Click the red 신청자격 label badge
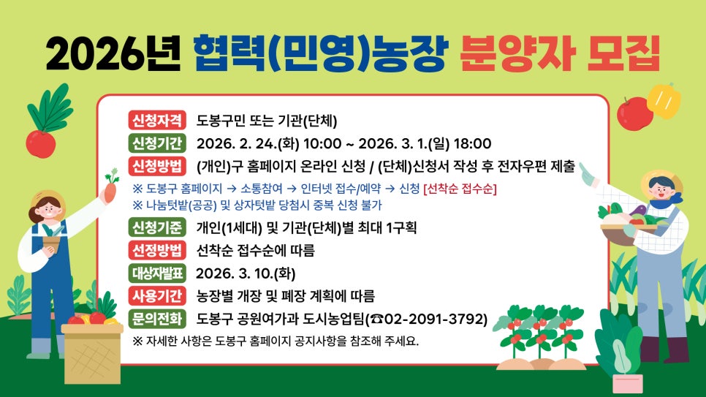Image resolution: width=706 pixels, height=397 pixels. pyautogui.click(x=157, y=121)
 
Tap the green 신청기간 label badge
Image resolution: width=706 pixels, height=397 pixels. pyautogui.click(x=157, y=142)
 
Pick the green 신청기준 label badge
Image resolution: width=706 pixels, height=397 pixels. pyautogui.click(x=157, y=227)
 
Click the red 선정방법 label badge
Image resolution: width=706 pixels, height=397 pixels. pyautogui.click(x=157, y=251)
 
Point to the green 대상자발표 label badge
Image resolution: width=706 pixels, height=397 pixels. pyautogui.click(x=157, y=273)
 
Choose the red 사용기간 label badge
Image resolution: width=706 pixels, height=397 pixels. pyautogui.click(x=157, y=296)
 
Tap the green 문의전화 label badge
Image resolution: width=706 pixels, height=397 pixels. pyautogui.click(x=157, y=319)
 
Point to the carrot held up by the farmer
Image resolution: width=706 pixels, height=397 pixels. pyautogui.click(x=110, y=188)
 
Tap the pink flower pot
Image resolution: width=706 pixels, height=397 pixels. pyautogui.click(x=627, y=382)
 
